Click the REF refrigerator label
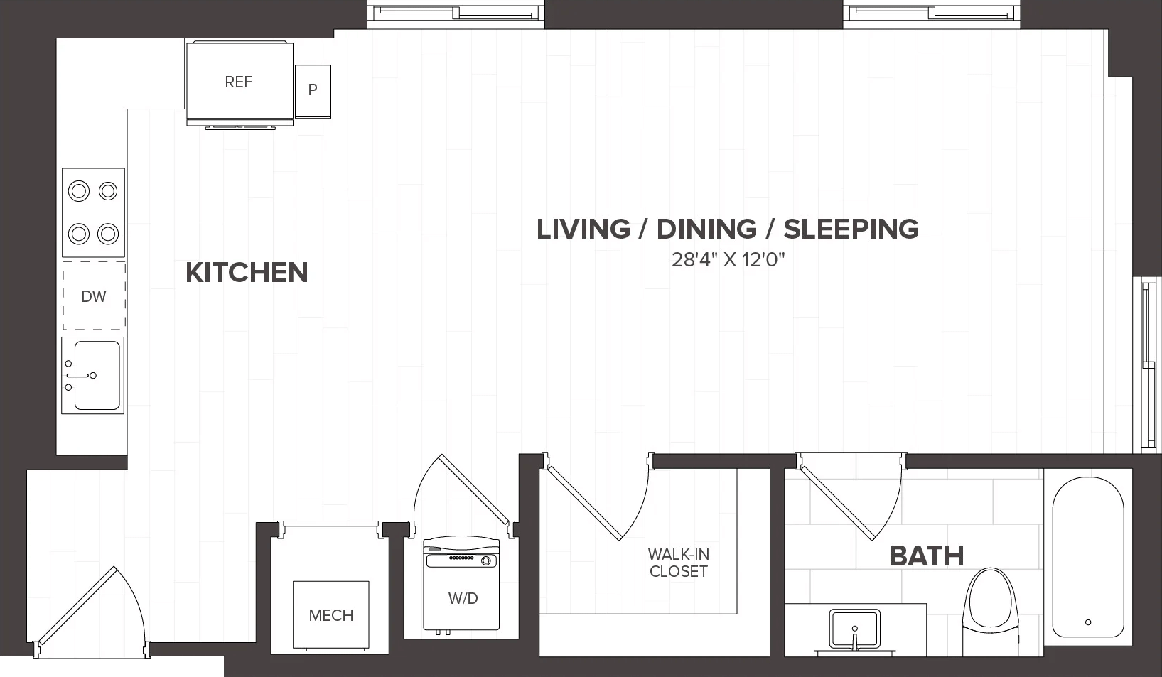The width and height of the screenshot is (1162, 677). tap(238, 82)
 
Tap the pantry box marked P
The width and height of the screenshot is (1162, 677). tap(313, 91)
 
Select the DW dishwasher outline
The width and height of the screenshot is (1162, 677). tap(94, 296)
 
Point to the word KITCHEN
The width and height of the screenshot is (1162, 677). tap(247, 272)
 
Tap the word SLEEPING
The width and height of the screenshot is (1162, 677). tap(851, 229)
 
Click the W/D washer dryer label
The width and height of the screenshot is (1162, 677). tap(463, 598)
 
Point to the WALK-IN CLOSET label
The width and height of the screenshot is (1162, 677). tap(678, 563)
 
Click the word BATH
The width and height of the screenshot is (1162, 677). tap(926, 556)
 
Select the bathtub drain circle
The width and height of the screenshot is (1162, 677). tap(1088, 622)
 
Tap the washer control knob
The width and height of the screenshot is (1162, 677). tap(485, 561)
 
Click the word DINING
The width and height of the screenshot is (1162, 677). tap(706, 229)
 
